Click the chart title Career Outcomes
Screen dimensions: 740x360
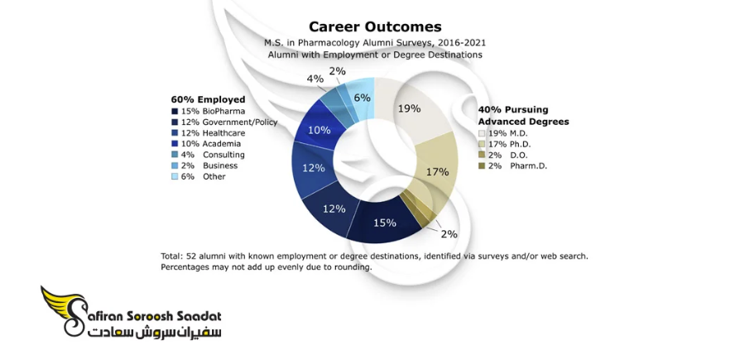375,26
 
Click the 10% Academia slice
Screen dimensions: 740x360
318,128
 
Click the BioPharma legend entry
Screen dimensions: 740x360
208,112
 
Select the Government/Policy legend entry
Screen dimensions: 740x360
224,122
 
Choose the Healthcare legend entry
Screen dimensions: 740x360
208,133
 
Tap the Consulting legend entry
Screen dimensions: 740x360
208,155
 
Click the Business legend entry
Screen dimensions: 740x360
204,166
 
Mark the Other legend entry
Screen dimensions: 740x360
198,176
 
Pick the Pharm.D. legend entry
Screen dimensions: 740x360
513,166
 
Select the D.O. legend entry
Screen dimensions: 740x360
503,156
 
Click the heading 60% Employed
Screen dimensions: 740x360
208,99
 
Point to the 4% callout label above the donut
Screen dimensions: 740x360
315,79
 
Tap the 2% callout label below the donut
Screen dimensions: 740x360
449,233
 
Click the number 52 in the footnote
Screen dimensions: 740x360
192,257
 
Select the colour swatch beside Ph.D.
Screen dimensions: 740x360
482,144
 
